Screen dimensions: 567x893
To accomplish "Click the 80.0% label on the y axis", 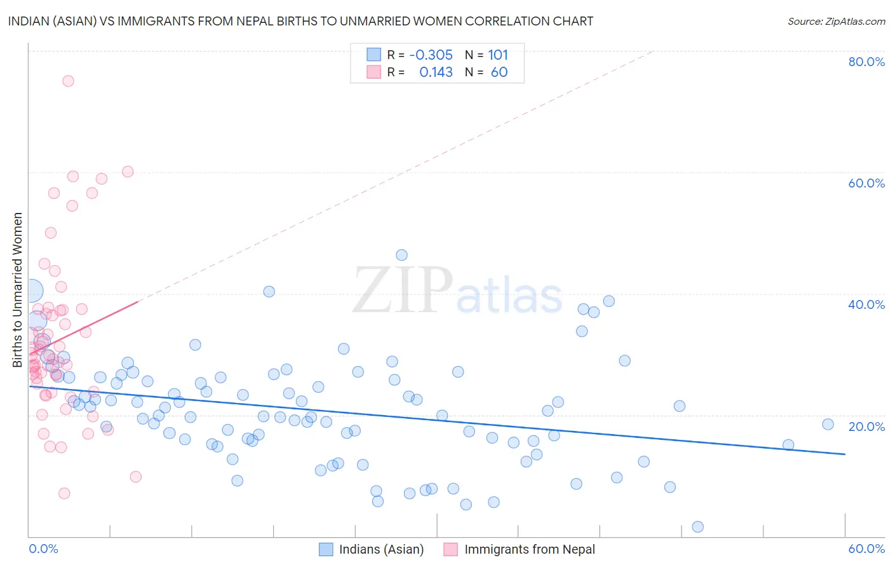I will [x=866, y=62].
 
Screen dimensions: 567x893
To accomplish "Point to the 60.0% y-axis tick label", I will [x=866, y=183].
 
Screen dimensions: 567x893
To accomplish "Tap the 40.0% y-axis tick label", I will [x=866, y=304].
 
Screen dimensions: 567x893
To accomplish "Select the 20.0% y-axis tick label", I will [x=866, y=426].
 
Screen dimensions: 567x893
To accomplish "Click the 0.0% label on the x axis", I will [x=43, y=549].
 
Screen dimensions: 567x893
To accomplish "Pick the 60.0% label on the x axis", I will [x=866, y=549].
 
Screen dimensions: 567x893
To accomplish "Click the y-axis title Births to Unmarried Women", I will [x=17, y=290].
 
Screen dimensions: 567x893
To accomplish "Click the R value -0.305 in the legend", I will [x=431, y=55].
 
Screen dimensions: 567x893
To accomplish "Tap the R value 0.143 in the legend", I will [x=436, y=72].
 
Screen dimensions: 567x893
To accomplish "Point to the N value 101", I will [x=498, y=55].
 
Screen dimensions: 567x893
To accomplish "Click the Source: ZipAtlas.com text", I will [x=836, y=22].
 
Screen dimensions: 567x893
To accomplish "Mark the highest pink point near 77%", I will [x=68, y=81].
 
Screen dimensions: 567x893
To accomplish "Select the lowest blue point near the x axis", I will [x=697, y=526].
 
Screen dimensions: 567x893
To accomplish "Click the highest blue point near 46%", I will [x=401, y=255].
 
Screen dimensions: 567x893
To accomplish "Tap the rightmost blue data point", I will [x=828, y=424].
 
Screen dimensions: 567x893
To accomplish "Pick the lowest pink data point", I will [x=64, y=493].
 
